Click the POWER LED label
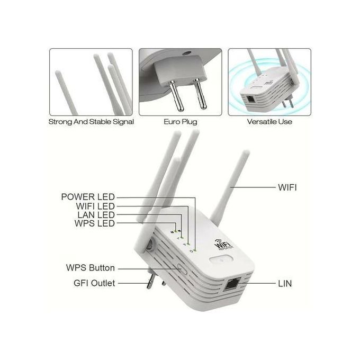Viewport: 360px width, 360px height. click(88, 197)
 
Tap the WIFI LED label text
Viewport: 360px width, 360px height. click(95, 206)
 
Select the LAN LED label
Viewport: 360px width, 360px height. click(96, 215)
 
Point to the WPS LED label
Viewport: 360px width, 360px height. click(95, 223)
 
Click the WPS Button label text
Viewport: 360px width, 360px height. click(91, 268)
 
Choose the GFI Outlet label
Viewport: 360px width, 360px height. click(94, 283)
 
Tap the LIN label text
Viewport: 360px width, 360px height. click(285, 284)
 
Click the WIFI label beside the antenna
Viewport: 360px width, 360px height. click(287, 187)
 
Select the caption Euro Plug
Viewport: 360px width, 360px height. click(181, 122)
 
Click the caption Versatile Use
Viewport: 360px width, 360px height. click(269, 122)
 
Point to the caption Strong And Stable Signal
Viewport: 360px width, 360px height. click(91, 122)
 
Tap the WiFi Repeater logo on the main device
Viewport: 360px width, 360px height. click(223, 244)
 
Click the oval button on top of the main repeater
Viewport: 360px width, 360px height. click(221, 260)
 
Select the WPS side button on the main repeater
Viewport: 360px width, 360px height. click(182, 268)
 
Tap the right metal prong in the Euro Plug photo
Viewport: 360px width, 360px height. click(200, 94)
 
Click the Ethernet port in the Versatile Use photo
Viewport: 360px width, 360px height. click(250, 99)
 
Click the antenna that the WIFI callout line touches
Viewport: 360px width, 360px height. click(230, 186)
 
